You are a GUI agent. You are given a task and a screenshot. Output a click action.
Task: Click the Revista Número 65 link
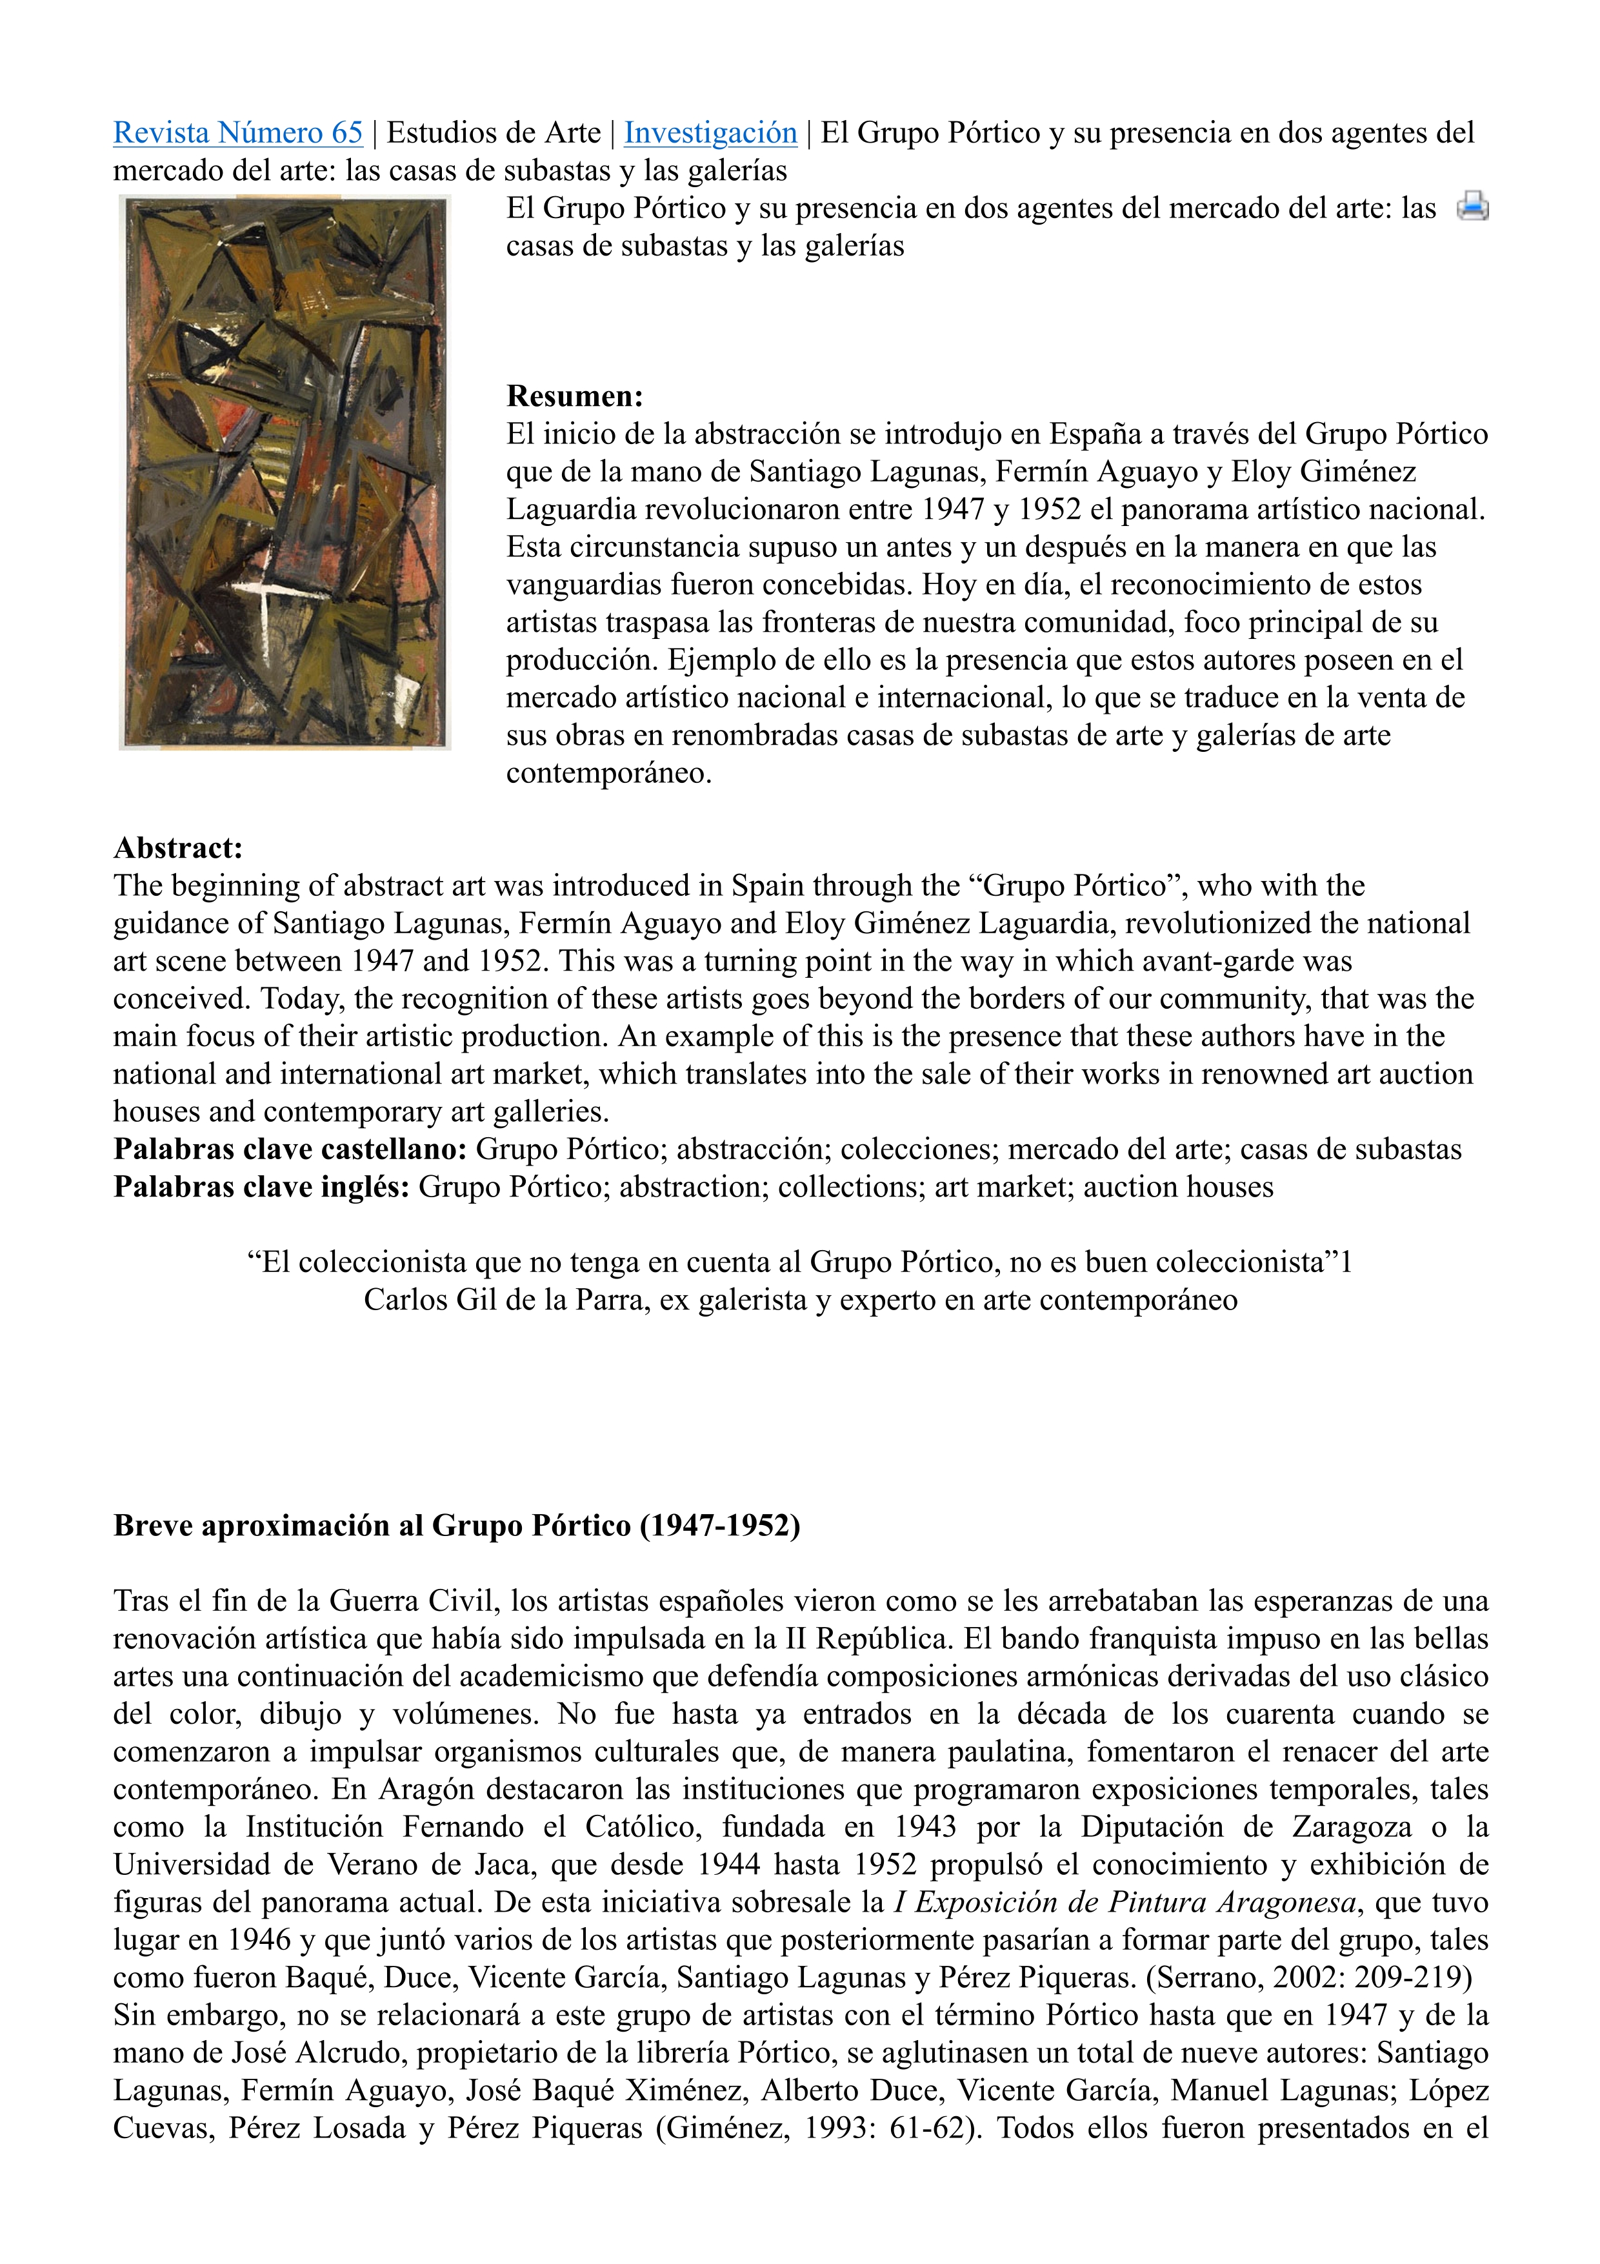point(237,132)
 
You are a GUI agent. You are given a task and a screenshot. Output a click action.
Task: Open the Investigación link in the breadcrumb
point(710,132)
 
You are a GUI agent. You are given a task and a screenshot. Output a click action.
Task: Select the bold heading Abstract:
point(177,848)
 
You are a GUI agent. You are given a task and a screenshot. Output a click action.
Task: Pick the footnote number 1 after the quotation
point(1346,1262)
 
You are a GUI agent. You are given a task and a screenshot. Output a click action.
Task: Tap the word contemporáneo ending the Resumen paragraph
point(608,773)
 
